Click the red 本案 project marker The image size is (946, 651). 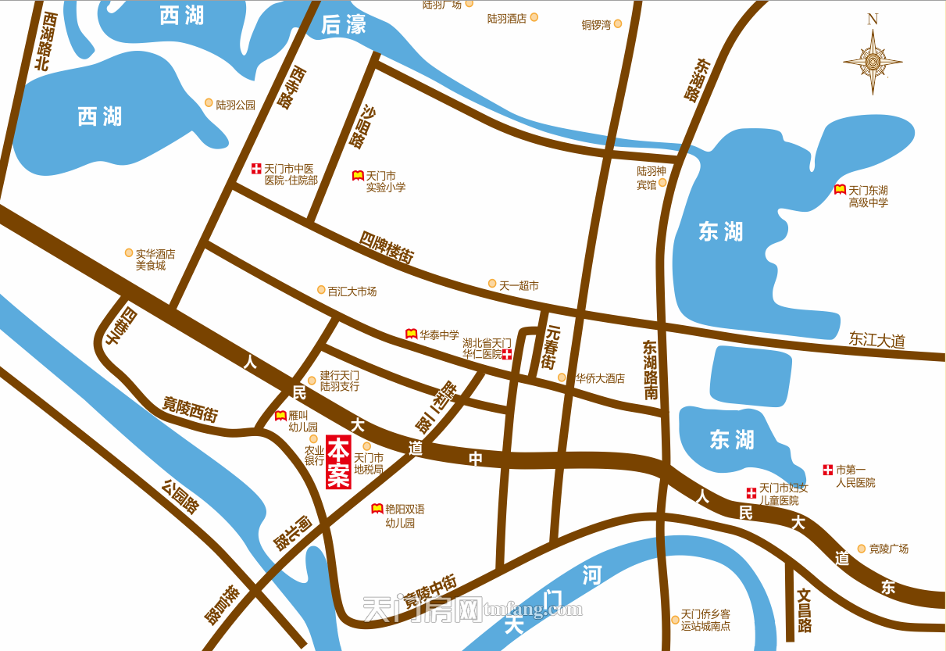click(x=338, y=463)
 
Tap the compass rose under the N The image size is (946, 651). click(x=873, y=62)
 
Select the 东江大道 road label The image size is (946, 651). click(x=876, y=341)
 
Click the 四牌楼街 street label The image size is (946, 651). click(x=387, y=246)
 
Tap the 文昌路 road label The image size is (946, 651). click(x=805, y=610)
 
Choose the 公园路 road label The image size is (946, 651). click(x=180, y=496)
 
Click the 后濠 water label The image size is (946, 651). click(x=343, y=26)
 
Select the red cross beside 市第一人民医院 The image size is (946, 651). click(x=827, y=470)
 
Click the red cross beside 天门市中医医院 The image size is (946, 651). click(x=256, y=168)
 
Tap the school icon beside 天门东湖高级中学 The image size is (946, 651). click(x=840, y=190)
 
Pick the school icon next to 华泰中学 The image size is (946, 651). click(x=411, y=334)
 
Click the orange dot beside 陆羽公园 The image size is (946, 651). click(x=209, y=102)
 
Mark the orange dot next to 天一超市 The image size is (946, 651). click(x=492, y=283)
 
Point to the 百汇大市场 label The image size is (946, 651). click(x=352, y=292)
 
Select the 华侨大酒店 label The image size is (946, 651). click(x=600, y=378)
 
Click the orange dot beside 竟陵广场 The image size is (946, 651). click(x=862, y=549)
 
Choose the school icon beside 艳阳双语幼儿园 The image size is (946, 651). click(x=377, y=509)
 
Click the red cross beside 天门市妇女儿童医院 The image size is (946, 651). click(x=751, y=493)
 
